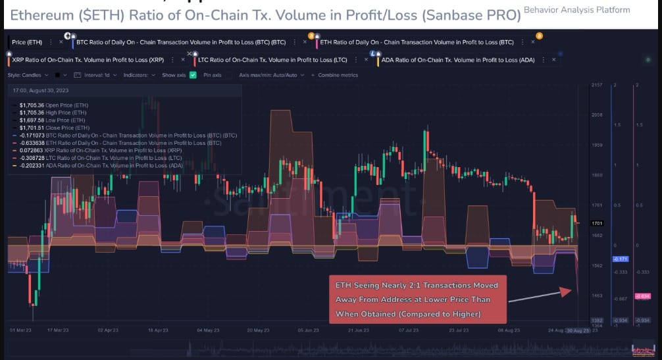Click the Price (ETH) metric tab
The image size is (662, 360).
(27, 42)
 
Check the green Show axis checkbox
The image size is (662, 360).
(193, 75)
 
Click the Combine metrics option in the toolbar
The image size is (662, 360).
(338, 75)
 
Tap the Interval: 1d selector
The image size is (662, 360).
(97, 75)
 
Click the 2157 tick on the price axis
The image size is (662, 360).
(597, 86)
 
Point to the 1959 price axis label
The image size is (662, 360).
(597, 145)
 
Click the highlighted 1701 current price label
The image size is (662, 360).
(597, 223)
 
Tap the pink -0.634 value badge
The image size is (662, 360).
(644, 296)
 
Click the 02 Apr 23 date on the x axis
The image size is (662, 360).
(108, 329)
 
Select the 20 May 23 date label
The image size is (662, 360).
(259, 329)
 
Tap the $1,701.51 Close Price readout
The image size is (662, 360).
(54, 128)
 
